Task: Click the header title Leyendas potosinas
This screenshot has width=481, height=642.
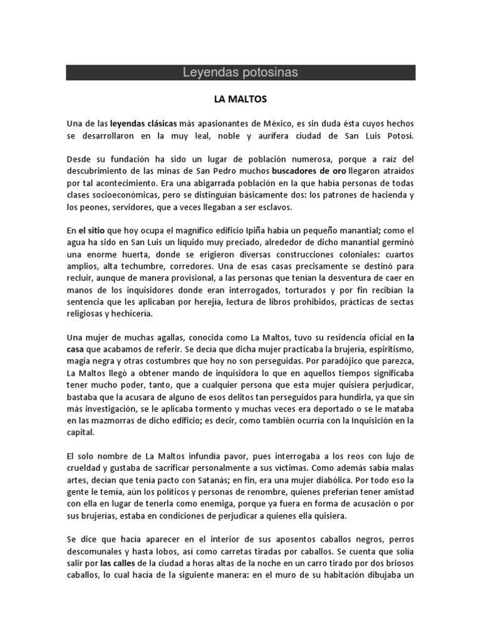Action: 240,73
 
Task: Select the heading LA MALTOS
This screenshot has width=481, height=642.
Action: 240,99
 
